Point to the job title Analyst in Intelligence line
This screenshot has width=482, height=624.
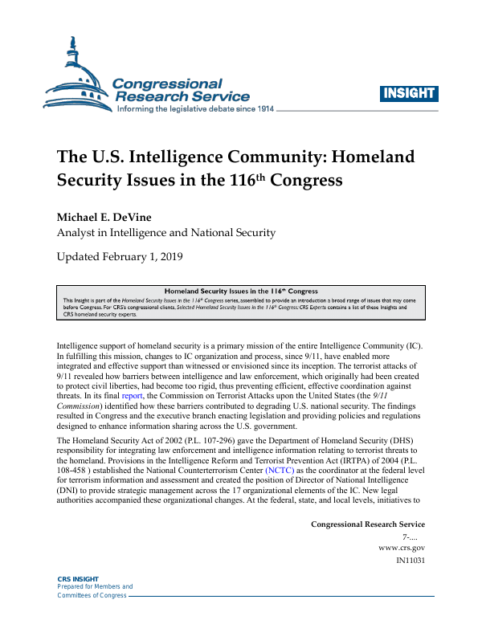(165, 233)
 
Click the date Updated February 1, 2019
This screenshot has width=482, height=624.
(120, 257)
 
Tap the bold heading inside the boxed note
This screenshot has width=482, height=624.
(241, 291)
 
